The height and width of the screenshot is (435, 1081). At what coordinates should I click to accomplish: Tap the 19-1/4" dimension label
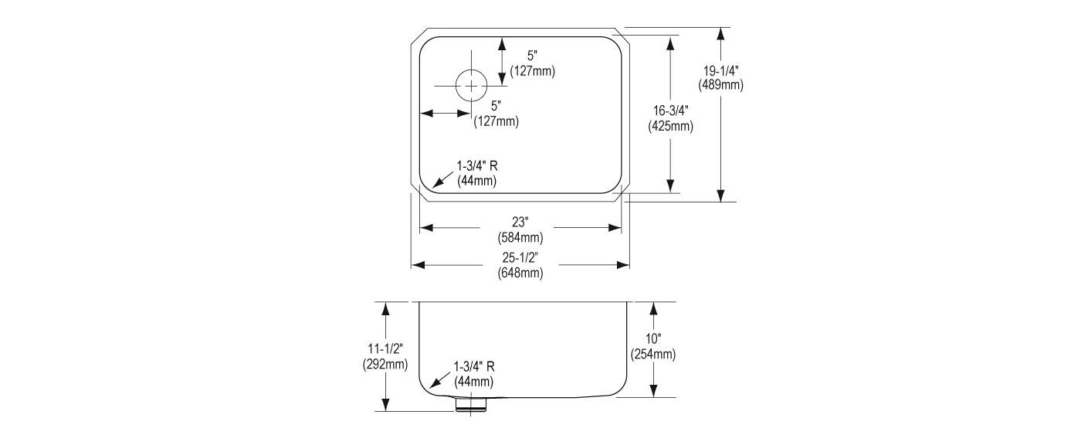pyautogui.click(x=720, y=71)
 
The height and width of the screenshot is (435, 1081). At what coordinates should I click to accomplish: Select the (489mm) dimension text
pyautogui.click(x=720, y=85)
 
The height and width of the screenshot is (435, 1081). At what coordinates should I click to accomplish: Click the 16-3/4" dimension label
pyautogui.click(x=670, y=110)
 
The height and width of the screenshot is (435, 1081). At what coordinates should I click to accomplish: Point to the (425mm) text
pyautogui.click(x=670, y=126)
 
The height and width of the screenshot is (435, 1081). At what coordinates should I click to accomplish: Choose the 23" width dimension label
pyautogui.click(x=520, y=222)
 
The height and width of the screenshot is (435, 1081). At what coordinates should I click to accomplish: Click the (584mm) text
pyautogui.click(x=520, y=237)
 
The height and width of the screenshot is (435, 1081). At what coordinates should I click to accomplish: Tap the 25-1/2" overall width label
pyautogui.click(x=520, y=257)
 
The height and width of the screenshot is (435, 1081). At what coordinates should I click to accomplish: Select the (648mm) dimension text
pyautogui.click(x=520, y=273)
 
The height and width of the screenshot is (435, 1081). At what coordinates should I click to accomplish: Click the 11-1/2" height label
pyautogui.click(x=385, y=348)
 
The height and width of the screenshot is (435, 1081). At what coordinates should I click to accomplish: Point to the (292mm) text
pyautogui.click(x=385, y=364)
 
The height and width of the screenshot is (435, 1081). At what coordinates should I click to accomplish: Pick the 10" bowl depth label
pyautogui.click(x=653, y=338)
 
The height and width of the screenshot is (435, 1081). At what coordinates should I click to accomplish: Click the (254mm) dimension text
pyautogui.click(x=653, y=354)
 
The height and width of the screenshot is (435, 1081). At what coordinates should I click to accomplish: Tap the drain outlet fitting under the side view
pyautogui.click(x=470, y=405)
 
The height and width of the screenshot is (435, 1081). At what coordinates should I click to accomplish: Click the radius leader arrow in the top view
pyautogui.click(x=442, y=179)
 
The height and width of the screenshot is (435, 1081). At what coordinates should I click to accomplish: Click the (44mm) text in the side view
pyautogui.click(x=473, y=382)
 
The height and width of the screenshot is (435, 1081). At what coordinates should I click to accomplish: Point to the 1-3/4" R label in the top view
pyautogui.click(x=477, y=166)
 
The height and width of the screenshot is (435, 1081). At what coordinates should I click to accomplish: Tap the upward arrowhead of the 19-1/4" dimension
pyautogui.click(x=720, y=34)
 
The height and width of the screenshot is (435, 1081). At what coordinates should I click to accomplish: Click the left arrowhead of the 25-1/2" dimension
pyautogui.click(x=418, y=265)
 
